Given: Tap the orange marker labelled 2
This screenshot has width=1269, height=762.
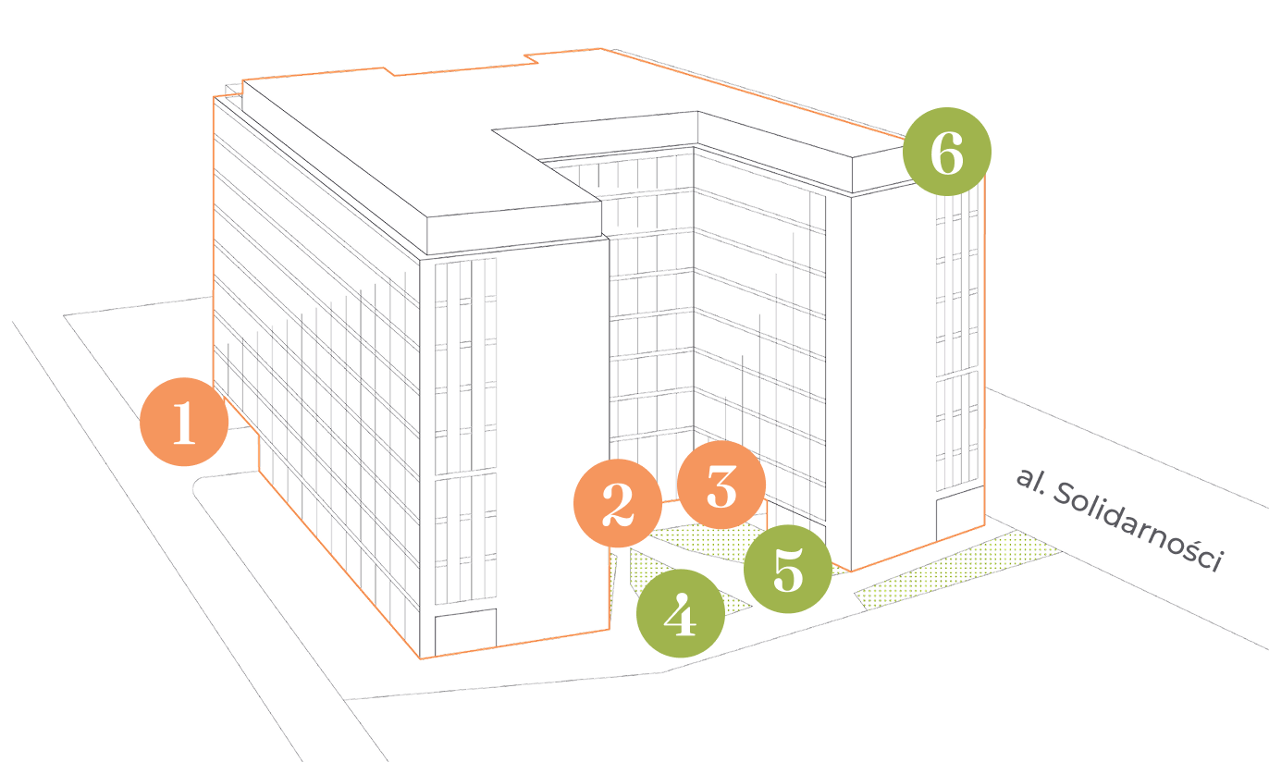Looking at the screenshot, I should coord(617,503).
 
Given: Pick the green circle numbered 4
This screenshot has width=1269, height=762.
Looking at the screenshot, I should coord(681,614).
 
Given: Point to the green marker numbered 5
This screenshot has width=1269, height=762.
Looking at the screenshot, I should coord(788,569).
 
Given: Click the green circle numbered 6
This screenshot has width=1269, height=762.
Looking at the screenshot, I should coord(946,152).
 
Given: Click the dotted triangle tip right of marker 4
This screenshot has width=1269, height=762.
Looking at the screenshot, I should coord(737,606).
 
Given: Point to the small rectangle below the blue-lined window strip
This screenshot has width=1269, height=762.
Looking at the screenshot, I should coord(466,631).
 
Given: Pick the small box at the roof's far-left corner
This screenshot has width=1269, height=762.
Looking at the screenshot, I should coord(232,90).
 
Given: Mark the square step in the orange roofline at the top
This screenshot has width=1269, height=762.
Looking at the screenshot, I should coord(531,58).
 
